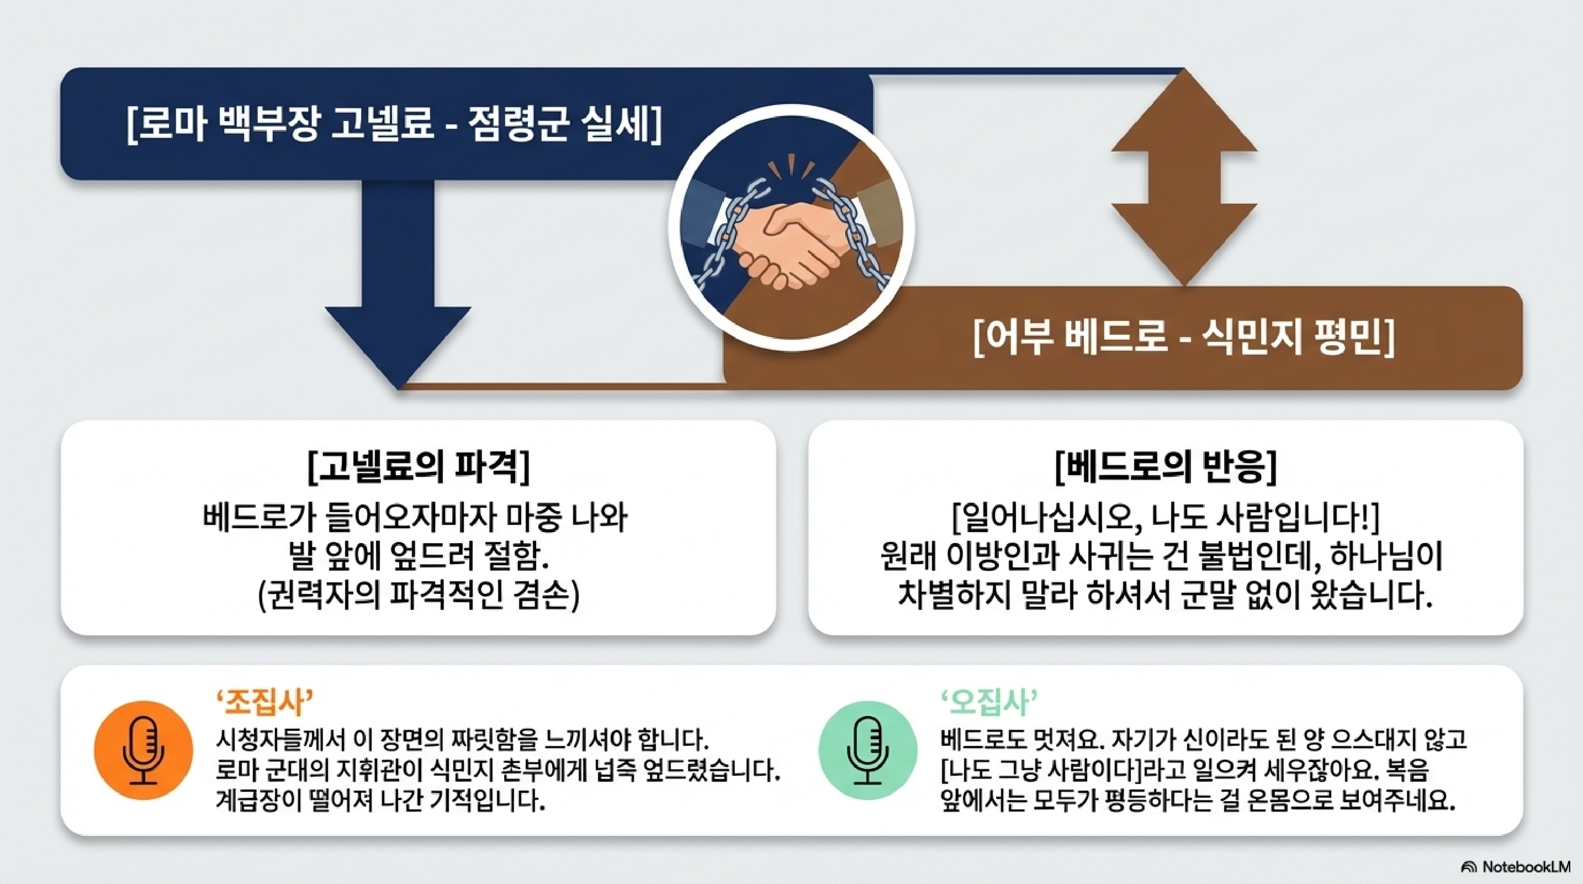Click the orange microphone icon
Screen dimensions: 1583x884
143,750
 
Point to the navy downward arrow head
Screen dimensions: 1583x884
398,344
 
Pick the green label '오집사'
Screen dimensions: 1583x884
989,703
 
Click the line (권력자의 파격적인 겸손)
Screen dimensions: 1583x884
419,595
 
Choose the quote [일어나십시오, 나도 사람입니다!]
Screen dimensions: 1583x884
1166,518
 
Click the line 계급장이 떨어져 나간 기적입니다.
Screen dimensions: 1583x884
381,800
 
